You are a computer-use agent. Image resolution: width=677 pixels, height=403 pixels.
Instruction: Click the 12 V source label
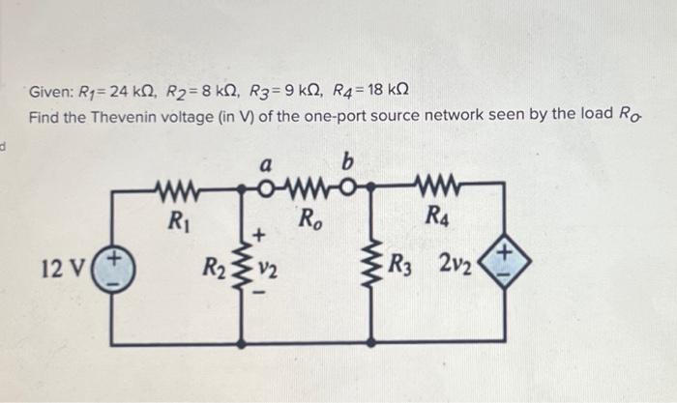click(x=61, y=266)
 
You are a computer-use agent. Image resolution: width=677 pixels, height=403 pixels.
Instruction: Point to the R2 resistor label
click(x=211, y=266)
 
